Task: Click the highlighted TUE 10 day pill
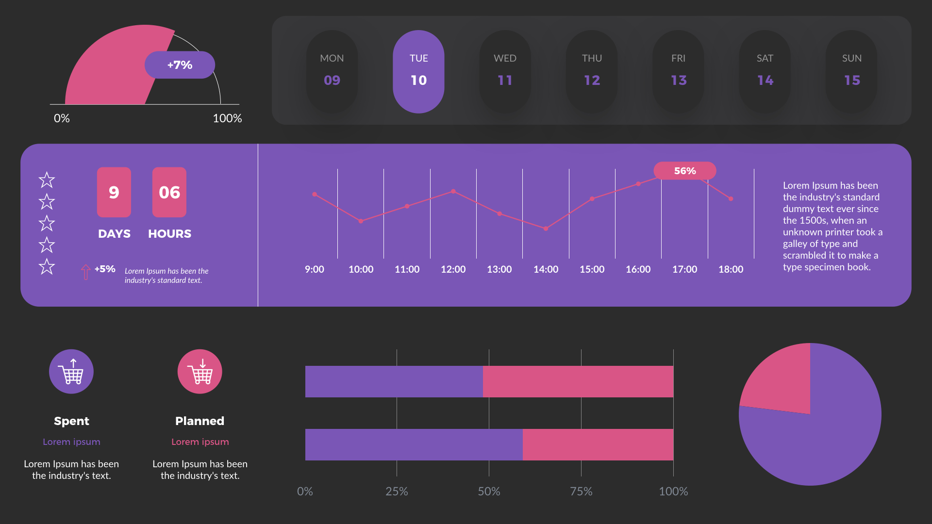coord(418,72)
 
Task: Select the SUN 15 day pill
coord(851,72)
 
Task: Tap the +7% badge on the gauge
coord(180,65)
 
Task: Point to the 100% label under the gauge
coord(227,118)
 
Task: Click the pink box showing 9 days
coord(114,192)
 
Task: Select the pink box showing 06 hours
coord(169,192)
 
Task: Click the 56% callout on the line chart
coord(684,171)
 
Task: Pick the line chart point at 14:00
coord(546,229)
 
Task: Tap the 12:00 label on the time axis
coord(453,269)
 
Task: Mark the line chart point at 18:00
coord(731,198)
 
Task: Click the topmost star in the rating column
coord(47,180)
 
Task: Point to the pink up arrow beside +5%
coord(86,272)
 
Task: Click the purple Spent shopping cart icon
coord(71,372)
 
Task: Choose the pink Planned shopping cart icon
coord(200,372)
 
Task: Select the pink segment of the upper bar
coord(578,381)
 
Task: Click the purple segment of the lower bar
coord(414,444)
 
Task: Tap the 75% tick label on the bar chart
coord(581,491)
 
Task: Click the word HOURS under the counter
coord(169,234)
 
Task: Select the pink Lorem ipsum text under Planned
coord(200,442)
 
